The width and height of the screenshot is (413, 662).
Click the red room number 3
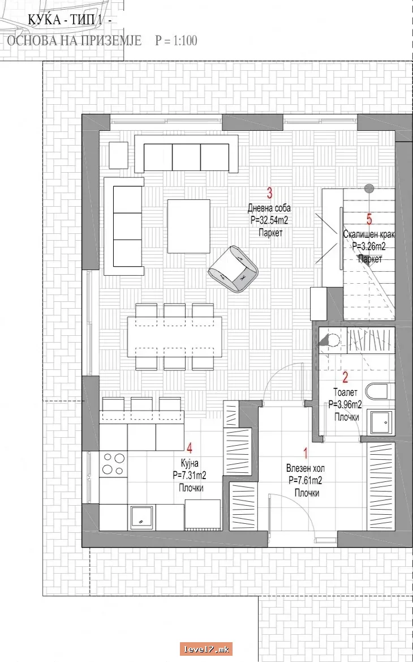(x=269, y=193)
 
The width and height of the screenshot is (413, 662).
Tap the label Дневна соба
(x=269, y=208)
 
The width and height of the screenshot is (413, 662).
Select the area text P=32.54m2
(x=269, y=220)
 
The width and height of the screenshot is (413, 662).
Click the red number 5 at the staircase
(x=369, y=220)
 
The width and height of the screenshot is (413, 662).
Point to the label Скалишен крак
(x=369, y=235)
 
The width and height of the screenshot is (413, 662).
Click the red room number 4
(x=190, y=449)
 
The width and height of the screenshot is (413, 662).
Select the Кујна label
(x=188, y=463)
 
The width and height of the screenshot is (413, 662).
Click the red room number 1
(x=306, y=454)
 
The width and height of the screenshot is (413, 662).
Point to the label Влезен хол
(x=306, y=469)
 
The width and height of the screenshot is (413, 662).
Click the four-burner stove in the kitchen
(x=114, y=464)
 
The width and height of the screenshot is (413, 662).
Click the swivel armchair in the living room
(x=233, y=269)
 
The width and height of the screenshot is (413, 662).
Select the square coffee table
(x=189, y=227)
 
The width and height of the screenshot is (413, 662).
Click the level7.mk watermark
(x=206, y=649)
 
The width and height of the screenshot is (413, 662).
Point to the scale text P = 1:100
(x=176, y=41)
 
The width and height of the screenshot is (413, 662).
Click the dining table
(x=175, y=337)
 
